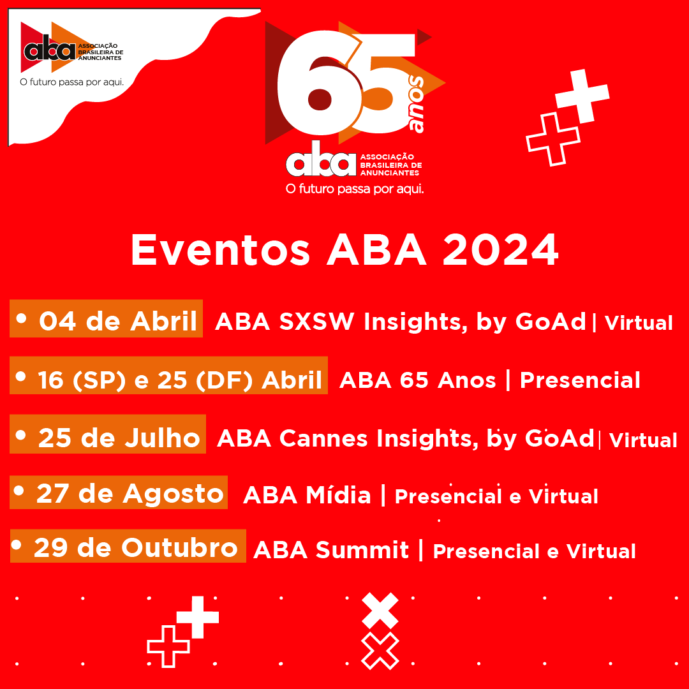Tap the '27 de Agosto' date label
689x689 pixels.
pos(119,493)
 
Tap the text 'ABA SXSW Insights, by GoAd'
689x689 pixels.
pos(400,322)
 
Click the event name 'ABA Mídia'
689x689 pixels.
pos(307,494)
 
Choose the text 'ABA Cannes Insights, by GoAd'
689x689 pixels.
pos(405,439)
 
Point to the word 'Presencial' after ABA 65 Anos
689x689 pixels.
pos(579,380)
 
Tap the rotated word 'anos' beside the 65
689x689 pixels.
pos(417,105)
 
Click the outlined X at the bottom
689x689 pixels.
pos(380,650)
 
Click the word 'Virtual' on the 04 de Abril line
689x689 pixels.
pos(639,323)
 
